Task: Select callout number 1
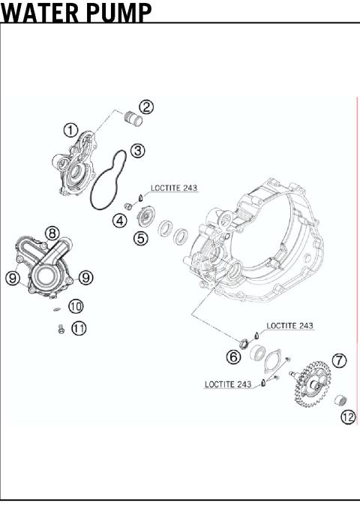click(70, 130)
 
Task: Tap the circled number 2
click(146, 107)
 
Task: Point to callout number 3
click(137, 150)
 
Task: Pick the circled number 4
click(119, 221)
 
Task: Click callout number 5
click(141, 239)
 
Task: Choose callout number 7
click(340, 360)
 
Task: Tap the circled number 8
click(51, 233)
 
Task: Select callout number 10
click(76, 306)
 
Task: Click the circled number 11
click(79, 328)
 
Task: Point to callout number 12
click(348, 417)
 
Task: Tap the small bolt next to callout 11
click(61, 328)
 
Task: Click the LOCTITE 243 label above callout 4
click(174, 188)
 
